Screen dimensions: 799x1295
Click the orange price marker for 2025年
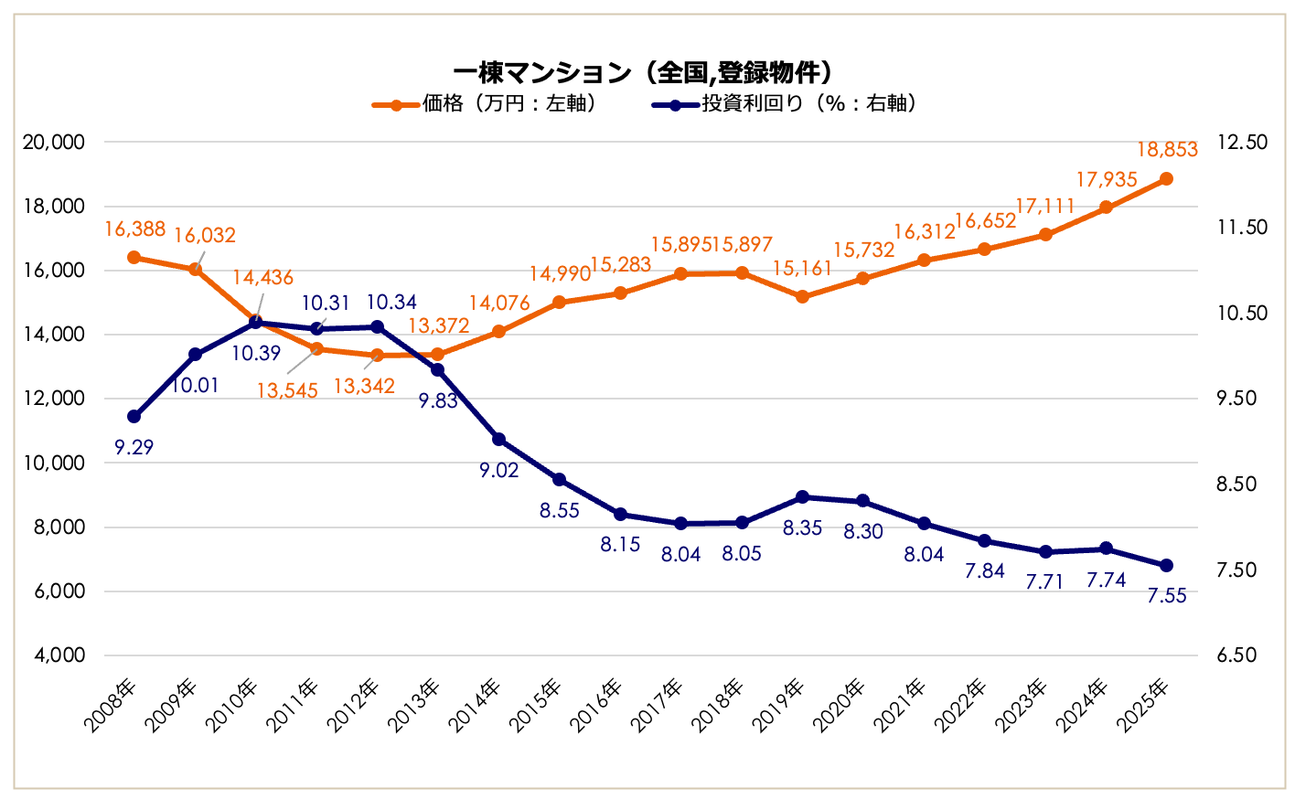pos(1166,179)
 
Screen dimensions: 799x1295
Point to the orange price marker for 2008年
pos(134,258)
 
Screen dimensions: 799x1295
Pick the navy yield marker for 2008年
pos(134,416)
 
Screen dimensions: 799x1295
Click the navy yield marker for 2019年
pos(802,497)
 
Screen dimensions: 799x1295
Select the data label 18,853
pos(1167,150)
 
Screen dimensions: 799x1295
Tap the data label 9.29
pos(134,447)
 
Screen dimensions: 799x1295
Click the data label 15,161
pos(802,269)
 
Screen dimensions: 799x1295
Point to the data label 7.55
pos(1167,596)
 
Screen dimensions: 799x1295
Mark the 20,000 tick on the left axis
pos(54,142)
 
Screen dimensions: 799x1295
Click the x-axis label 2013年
pos(416,705)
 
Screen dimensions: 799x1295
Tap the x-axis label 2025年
pos(1146,705)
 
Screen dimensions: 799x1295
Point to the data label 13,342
pos(364,386)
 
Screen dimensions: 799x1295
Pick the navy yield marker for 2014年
pos(498,440)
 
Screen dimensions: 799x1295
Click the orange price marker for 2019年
pos(802,297)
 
